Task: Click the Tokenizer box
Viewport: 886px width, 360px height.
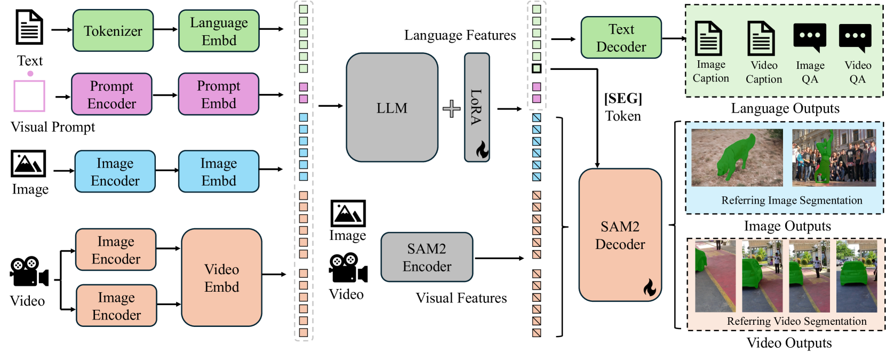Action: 113,31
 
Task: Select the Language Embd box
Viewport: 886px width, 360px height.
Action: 219,31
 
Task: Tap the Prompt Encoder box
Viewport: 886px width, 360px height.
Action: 111,94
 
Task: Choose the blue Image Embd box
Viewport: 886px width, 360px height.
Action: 219,171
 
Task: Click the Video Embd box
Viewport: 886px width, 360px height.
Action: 221,277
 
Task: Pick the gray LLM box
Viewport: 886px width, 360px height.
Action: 392,107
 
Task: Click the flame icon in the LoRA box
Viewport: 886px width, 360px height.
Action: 482,150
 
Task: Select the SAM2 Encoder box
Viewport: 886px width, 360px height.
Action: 427,257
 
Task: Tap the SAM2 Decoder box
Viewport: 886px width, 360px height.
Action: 620,235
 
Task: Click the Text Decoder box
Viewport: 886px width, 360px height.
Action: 621,37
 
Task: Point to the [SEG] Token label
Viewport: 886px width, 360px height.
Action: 622,107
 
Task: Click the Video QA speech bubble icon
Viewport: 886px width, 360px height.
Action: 855,38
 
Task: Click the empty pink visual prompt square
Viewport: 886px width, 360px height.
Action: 29,95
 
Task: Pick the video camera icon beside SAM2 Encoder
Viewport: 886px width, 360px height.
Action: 348,268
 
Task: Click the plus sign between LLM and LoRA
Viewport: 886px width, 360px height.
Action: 451,108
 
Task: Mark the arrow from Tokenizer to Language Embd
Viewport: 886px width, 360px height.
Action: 166,29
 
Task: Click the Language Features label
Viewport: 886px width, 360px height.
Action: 460,35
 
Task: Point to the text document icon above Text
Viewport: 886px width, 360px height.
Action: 29,27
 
